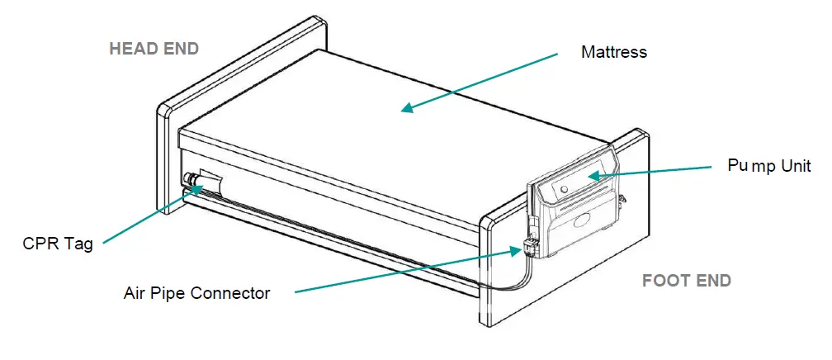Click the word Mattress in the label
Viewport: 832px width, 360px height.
coord(613,52)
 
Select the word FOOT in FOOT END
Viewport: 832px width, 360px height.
coord(666,281)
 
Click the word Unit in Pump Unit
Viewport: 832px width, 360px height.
coord(793,166)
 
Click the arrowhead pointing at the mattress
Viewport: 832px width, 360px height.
coord(406,107)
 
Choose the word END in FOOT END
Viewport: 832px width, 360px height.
coord(711,281)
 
